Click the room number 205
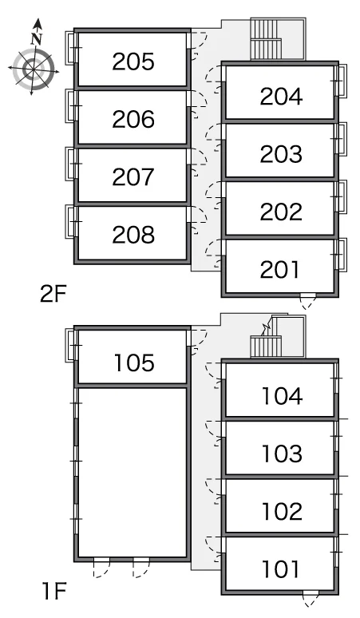coord(133,61)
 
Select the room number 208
coord(133,235)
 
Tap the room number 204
coord(281,97)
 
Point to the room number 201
coord(279,270)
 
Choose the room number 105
coord(134,362)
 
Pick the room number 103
coord(282,454)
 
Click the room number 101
coord(281,569)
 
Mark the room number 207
coord(133,177)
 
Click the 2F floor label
coord(53,293)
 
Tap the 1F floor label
coord(54,591)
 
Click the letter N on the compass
coord(37,39)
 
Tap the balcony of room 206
coord(70,106)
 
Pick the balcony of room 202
coord(342,196)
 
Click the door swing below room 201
coord(308,302)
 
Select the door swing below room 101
coord(311,599)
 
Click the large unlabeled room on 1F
coord(133,472)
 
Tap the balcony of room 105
coord(70,345)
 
